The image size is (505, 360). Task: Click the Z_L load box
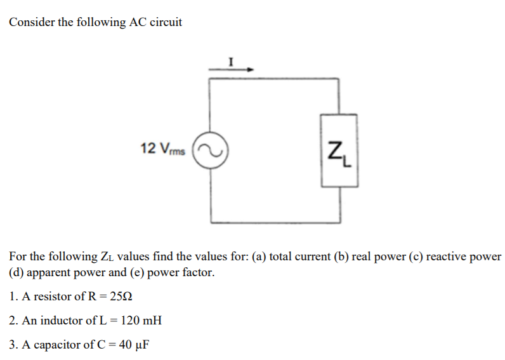[340, 150]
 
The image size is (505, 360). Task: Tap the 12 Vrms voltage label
[162, 149]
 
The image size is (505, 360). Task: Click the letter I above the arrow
[232, 62]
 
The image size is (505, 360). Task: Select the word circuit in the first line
[165, 22]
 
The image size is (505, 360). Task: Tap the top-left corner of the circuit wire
[211, 79]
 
